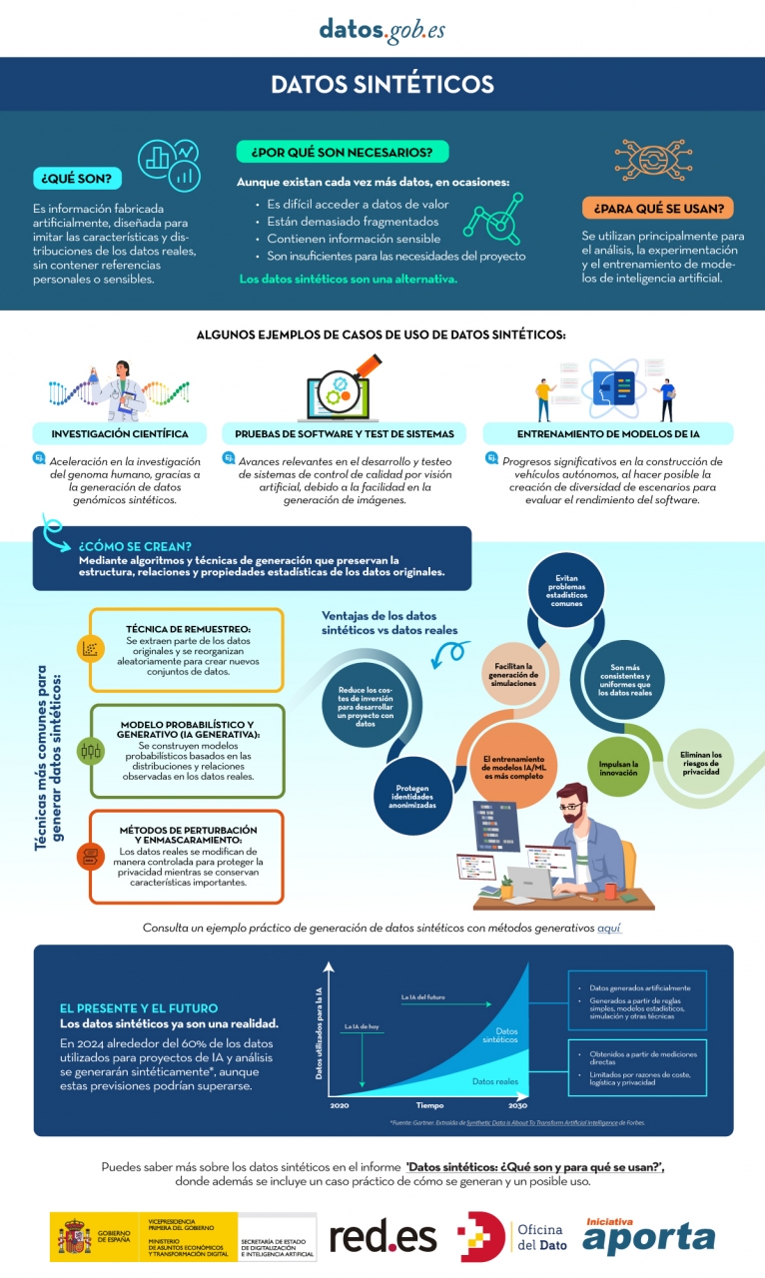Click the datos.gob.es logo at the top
point(382,30)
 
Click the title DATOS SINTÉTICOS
point(382,85)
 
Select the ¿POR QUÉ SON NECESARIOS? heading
point(342,152)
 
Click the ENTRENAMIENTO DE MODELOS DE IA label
point(607,434)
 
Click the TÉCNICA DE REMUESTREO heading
point(188,629)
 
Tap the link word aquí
point(609,928)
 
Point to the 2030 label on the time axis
point(517,1106)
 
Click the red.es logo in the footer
point(383,1237)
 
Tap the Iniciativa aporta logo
point(649,1236)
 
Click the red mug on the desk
point(610,888)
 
